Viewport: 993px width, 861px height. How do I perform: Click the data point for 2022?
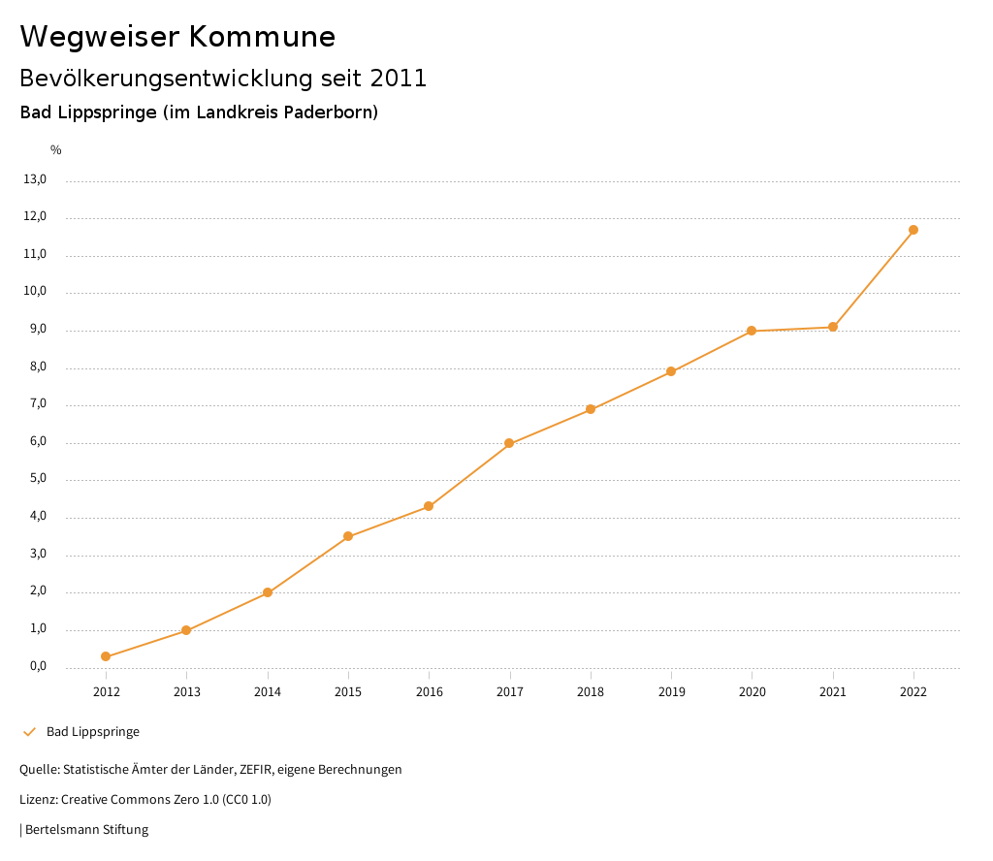(913, 230)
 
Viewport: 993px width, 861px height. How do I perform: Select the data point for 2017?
(509, 443)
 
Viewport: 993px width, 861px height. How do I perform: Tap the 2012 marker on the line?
(106, 656)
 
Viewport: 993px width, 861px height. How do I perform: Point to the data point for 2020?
(752, 331)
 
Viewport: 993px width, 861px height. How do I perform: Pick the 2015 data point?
(348, 536)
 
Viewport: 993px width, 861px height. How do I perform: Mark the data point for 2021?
(833, 327)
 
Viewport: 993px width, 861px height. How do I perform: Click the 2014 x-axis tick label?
(268, 691)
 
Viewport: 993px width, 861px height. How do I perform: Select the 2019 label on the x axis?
(671, 691)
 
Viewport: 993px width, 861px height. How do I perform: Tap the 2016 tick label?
(429, 691)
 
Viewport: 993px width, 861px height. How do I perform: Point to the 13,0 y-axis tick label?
(34, 179)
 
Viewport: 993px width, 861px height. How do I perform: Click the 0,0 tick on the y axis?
(37, 666)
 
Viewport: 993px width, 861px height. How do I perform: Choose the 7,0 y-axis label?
(37, 404)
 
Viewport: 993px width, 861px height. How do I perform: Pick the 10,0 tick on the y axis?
(34, 292)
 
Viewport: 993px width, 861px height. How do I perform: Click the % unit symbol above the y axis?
(56, 150)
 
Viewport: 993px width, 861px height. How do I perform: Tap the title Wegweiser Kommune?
(177, 37)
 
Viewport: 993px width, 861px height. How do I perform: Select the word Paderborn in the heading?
(326, 112)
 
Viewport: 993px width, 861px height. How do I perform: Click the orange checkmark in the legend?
(29, 732)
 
